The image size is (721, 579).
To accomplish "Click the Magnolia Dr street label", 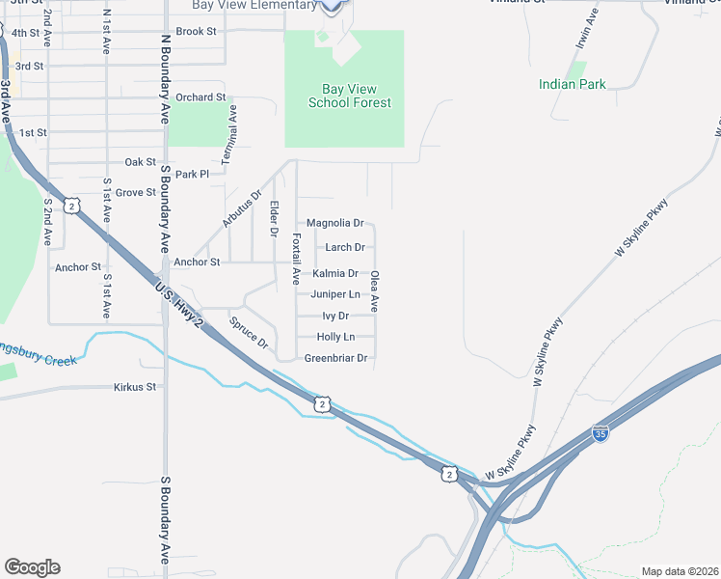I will (334, 223).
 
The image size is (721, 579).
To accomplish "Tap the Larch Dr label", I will (344, 248).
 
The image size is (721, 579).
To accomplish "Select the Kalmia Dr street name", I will (335, 274).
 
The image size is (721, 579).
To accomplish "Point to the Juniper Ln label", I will (335, 294).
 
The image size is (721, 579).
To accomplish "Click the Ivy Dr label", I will (335, 316).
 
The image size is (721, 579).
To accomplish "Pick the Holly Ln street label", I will (335, 337).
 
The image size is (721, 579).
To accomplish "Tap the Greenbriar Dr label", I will (336, 358).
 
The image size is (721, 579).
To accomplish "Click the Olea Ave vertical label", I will (375, 290).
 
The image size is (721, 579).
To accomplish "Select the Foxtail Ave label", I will (296, 259).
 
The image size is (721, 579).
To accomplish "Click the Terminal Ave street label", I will (232, 135).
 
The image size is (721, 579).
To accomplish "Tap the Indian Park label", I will (573, 84).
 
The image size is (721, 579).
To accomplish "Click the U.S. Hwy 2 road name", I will (180, 304).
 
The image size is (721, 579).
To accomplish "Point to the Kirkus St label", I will (135, 387).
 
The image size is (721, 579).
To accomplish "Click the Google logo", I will (32, 567).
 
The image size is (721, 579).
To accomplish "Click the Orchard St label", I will (200, 97).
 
